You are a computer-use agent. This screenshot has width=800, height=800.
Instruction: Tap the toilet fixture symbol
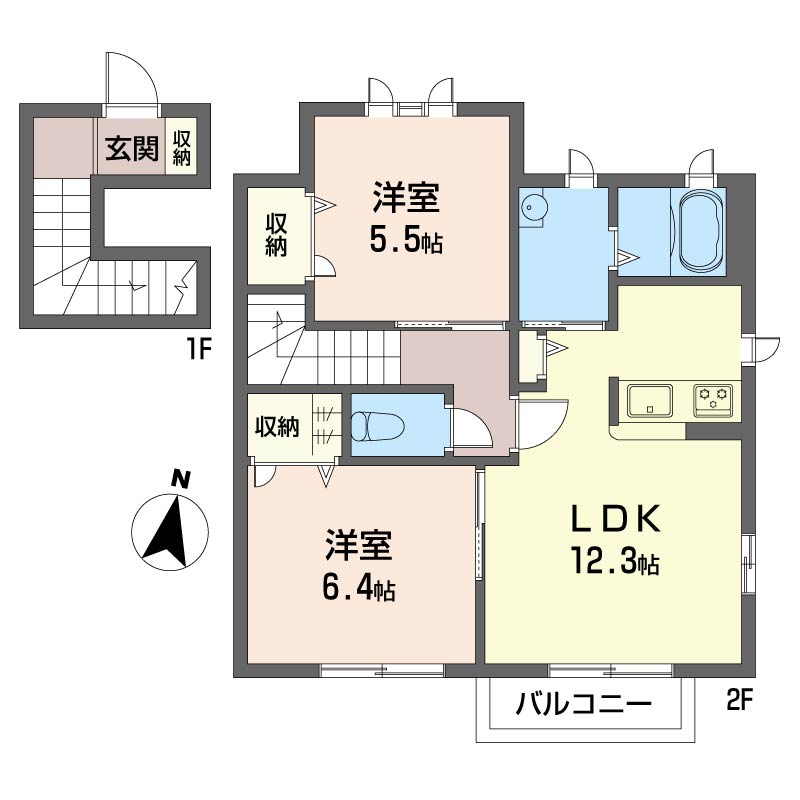pyautogui.click(x=378, y=426)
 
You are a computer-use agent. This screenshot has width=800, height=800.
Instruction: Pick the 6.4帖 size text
pyautogui.click(x=359, y=589)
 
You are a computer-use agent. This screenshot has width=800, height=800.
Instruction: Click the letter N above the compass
pyautogui.click(x=181, y=479)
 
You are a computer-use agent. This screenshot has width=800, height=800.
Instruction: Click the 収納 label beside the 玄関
pyautogui.click(x=182, y=148)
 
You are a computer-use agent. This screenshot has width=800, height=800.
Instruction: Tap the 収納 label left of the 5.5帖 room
pyautogui.click(x=276, y=235)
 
